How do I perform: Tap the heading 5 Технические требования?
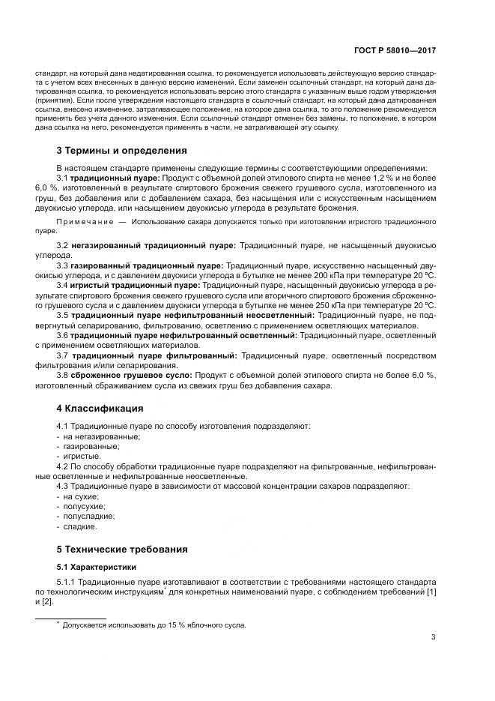pyautogui.click(x=122, y=549)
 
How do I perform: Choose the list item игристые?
pyautogui.click(x=82, y=456)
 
